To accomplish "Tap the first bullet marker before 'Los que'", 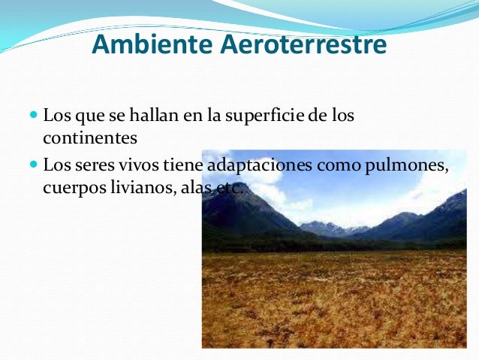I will (33, 117).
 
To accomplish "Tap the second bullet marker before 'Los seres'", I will (33, 164).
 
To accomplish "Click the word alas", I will (194, 187).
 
